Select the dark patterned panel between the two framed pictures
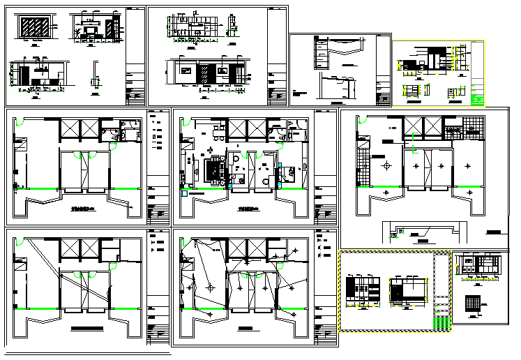coord(205,73)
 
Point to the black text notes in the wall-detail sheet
coord(308,94)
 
